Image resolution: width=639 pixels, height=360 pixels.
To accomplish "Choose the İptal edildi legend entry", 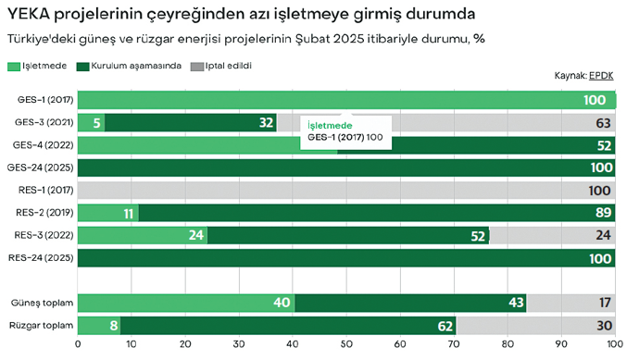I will click(x=219, y=67).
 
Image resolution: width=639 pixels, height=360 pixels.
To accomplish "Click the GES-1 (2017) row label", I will click(x=44, y=100).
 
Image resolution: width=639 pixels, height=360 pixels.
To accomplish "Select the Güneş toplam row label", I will click(x=42, y=303).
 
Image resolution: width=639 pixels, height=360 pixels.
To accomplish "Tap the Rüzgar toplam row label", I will click(x=42, y=326).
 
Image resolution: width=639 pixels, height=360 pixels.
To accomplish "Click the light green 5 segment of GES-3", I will click(x=91, y=122).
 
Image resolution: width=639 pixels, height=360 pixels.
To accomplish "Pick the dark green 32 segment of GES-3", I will click(x=190, y=122).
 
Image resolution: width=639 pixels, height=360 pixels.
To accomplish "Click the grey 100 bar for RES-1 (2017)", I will click(x=346, y=190).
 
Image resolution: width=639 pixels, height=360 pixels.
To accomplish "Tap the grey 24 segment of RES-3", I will click(x=553, y=235).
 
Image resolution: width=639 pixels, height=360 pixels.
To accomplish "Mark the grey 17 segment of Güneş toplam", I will click(x=570, y=303).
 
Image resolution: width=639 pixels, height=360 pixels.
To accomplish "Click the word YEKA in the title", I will click(x=29, y=15).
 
